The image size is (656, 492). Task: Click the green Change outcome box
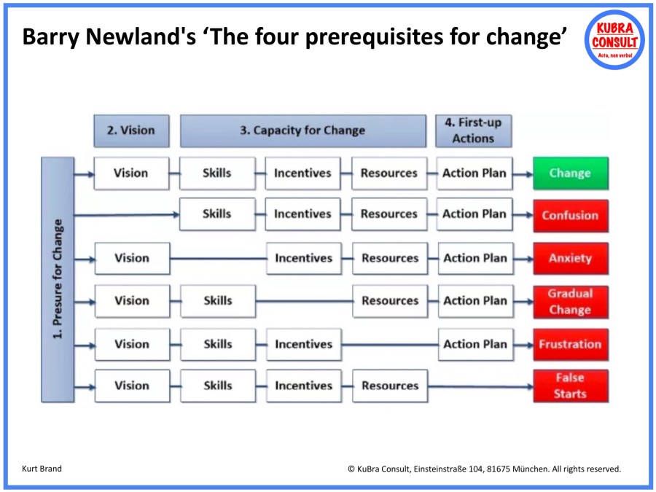(570, 173)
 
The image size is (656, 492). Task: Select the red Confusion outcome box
(570, 215)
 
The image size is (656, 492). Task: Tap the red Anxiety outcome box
(570, 258)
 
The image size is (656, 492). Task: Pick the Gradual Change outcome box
(570, 301)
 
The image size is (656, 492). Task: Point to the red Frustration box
(570, 344)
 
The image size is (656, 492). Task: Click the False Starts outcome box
(570, 386)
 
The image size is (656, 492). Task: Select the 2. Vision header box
(131, 130)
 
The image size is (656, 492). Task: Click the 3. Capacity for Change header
(302, 130)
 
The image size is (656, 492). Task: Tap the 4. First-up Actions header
(473, 130)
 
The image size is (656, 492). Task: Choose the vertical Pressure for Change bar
(58, 280)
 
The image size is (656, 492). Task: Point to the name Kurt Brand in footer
(42, 469)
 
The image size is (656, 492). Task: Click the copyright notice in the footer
(484, 469)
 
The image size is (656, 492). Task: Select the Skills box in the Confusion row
(217, 214)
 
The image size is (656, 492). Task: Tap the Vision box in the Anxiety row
(132, 258)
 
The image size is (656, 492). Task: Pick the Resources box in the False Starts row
(390, 386)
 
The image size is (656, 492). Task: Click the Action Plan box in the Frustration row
(475, 344)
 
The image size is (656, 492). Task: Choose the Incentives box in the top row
(302, 173)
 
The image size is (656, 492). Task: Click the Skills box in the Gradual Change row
(217, 301)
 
